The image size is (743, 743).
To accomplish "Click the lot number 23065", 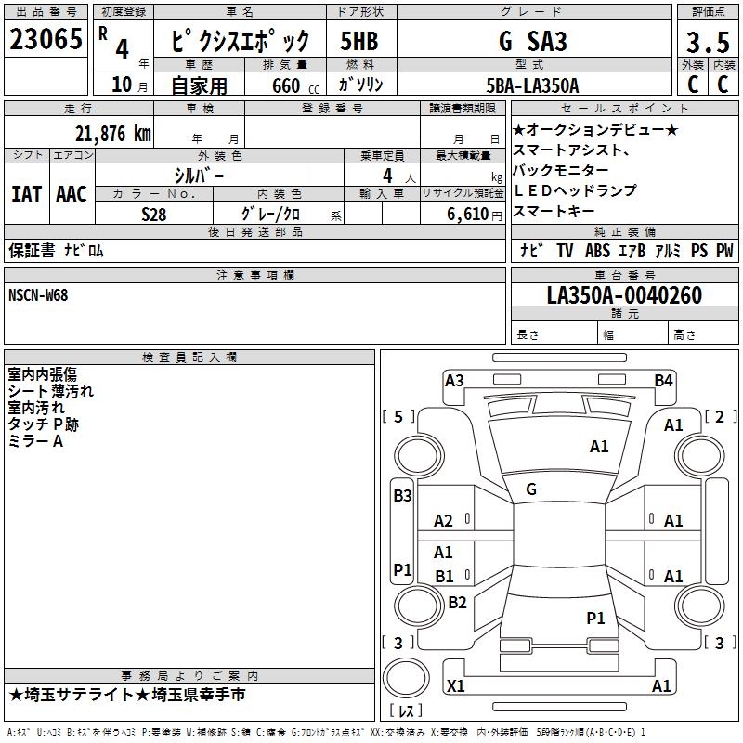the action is (x=46, y=40).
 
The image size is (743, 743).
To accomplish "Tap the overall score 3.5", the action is (x=706, y=44).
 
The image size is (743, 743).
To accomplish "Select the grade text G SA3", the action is (x=532, y=42).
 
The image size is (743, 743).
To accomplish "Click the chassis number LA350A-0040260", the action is (x=624, y=295).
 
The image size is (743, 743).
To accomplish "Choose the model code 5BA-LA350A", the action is (x=532, y=85).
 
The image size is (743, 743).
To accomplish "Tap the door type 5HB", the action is (x=359, y=42).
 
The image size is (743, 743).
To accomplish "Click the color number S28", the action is (x=154, y=213).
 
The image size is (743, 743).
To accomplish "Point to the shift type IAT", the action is (x=26, y=194).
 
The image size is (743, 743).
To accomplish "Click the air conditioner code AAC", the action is (x=72, y=194).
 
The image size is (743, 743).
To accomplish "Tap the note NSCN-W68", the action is (x=38, y=295).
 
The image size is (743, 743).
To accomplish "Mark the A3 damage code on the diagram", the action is (x=454, y=380).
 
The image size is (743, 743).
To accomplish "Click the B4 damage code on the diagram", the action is (x=663, y=380).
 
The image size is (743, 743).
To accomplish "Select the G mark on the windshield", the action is (x=530, y=489).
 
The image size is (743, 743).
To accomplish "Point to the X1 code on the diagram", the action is (x=456, y=686).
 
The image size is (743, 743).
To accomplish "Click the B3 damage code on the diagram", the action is (x=402, y=496).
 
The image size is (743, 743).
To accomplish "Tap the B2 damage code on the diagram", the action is (x=457, y=602).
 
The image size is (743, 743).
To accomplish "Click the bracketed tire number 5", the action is (x=398, y=416).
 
